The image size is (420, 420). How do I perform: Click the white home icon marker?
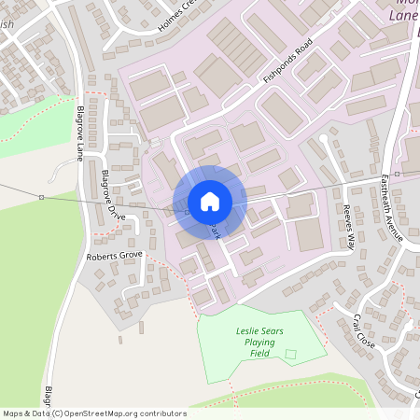point(210,202)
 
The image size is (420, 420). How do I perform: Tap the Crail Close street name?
point(363,330)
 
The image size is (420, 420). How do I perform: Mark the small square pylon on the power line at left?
point(41,197)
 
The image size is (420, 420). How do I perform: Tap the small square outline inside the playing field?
point(290,354)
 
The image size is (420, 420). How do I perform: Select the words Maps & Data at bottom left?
point(25,413)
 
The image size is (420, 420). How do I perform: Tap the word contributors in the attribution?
point(160,413)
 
